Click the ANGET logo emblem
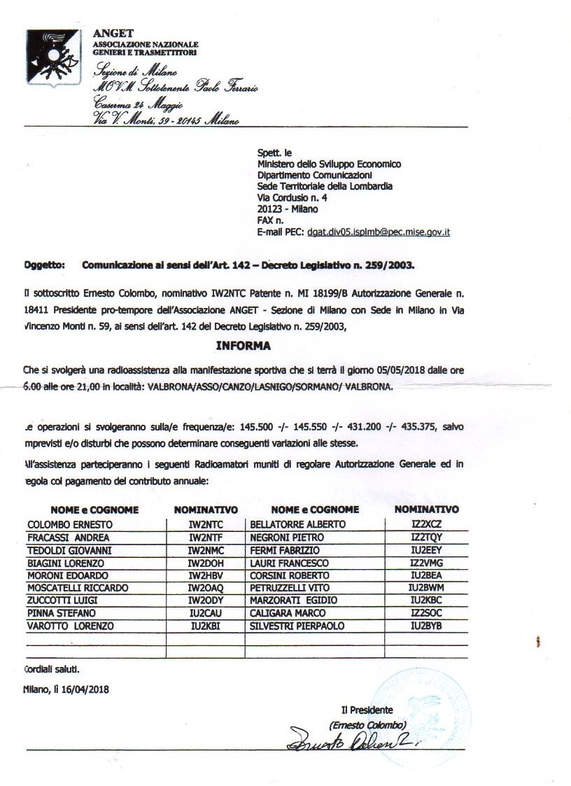54,57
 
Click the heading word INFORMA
243,346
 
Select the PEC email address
378,231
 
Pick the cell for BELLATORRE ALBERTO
297,524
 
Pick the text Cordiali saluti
52,668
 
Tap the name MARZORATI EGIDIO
294,601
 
